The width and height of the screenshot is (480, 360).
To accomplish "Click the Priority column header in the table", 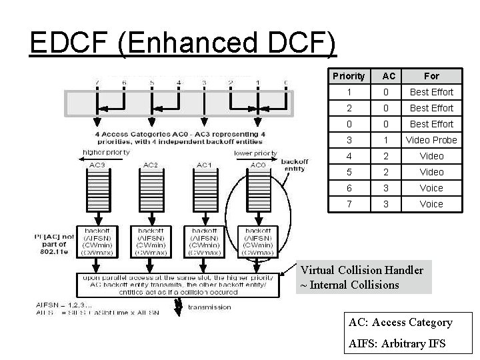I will click(x=348, y=76).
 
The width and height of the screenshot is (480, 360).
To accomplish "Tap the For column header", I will click(x=431, y=76).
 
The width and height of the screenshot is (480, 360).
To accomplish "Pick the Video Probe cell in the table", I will click(x=431, y=140).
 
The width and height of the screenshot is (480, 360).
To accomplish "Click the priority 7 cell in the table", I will click(x=348, y=204).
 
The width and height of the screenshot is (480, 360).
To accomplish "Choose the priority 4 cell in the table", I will click(x=348, y=156).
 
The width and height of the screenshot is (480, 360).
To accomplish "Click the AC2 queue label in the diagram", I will click(x=151, y=164).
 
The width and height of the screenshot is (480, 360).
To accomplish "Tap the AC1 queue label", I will click(x=204, y=164).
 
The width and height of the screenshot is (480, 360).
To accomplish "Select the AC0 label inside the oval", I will click(x=257, y=164).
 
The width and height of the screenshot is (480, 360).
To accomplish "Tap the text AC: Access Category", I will click(x=400, y=323).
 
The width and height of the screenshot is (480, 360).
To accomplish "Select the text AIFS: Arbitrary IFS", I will click(x=397, y=344).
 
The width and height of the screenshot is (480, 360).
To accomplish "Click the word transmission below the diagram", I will click(x=209, y=307).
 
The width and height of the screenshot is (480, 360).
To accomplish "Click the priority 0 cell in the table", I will click(x=348, y=124).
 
